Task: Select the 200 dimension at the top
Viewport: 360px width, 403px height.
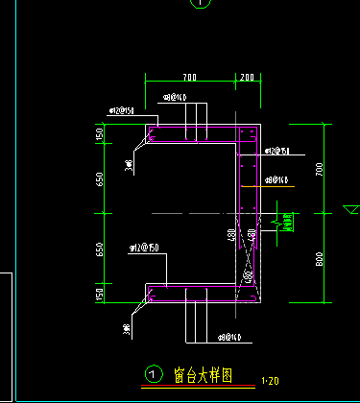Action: (248, 76)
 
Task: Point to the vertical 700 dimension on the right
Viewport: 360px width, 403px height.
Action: (320, 169)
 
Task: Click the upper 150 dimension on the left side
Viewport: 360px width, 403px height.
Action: (98, 134)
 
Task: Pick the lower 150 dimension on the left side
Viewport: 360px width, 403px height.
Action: (98, 293)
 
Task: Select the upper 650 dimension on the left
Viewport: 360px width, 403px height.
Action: (98, 178)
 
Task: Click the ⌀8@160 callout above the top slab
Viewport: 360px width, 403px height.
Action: (174, 98)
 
